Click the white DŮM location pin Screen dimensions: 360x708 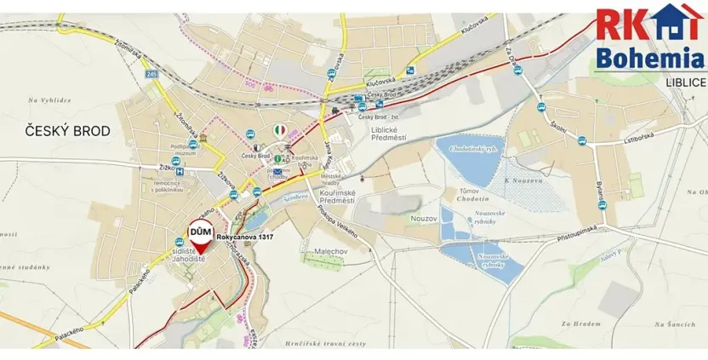pos(200,236)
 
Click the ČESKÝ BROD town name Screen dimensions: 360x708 pos(58,129)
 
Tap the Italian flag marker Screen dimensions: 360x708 pos(280,129)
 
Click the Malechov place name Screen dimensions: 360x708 pos(323,251)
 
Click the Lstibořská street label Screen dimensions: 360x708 pos(619,145)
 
